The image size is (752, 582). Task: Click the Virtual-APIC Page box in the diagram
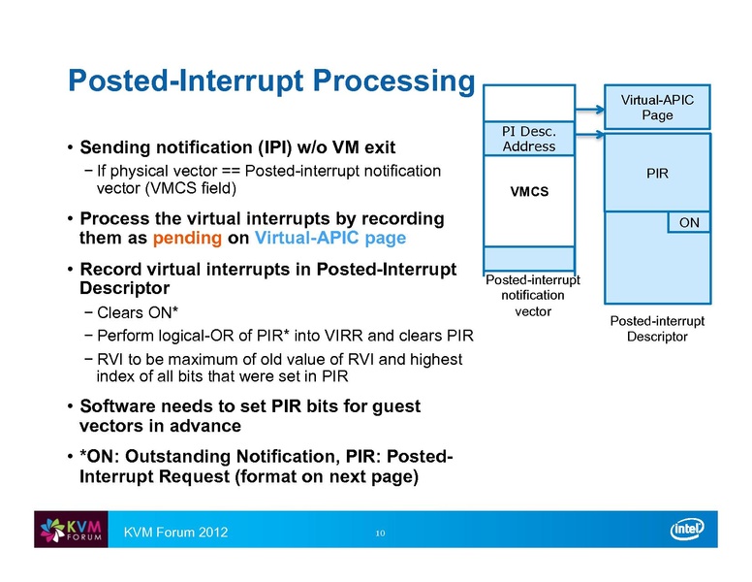point(656,106)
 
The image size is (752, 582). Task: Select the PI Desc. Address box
point(529,138)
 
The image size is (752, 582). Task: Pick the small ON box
point(689,222)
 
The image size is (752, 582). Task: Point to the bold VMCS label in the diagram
point(529,191)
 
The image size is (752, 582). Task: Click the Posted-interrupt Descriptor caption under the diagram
point(656,328)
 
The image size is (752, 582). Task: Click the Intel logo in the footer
point(690,531)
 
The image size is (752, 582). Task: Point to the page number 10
point(380,533)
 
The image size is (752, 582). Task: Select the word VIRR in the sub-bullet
point(363,337)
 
